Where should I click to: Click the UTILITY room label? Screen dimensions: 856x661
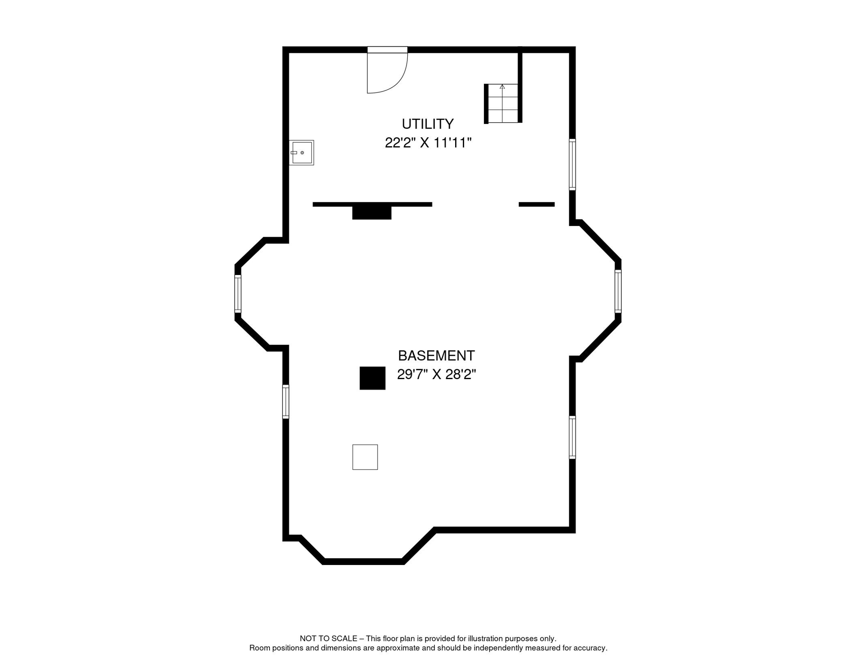pyautogui.click(x=428, y=124)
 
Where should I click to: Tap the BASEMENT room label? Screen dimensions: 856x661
pyautogui.click(x=436, y=356)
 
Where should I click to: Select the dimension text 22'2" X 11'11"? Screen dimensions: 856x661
pyautogui.click(x=428, y=142)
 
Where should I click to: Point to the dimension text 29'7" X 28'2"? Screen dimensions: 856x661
pyautogui.click(x=436, y=374)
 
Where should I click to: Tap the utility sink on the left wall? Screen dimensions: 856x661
pyautogui.click(x=301, y=152)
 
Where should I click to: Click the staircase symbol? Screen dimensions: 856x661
pyautogui.click(x=502, y=103)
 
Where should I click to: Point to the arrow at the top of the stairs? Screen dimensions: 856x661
pyautogui.click(x=502, y=86)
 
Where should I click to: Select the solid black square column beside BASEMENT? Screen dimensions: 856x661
pyautogui.click(x=372, y=378)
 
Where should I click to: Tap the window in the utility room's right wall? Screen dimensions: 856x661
pyautogui.click(x=572, y=164)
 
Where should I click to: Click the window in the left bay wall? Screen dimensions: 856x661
pyautogui.click(x=238, y=293)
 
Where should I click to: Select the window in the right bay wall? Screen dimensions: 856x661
pyautogui.click(x=618, y=291)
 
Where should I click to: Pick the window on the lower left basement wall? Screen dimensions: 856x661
pyautogui.click(x=285, y=402)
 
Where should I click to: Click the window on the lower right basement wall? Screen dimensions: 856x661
pyautogui.click(x=572, y=437)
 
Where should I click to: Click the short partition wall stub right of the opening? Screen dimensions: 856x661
pyautogui.click(x=537, y=204)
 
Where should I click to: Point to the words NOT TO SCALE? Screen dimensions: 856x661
pyautogui.click(x=329, y=639)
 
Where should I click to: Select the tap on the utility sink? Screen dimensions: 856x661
pyautogui.click(x=294, y=153)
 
